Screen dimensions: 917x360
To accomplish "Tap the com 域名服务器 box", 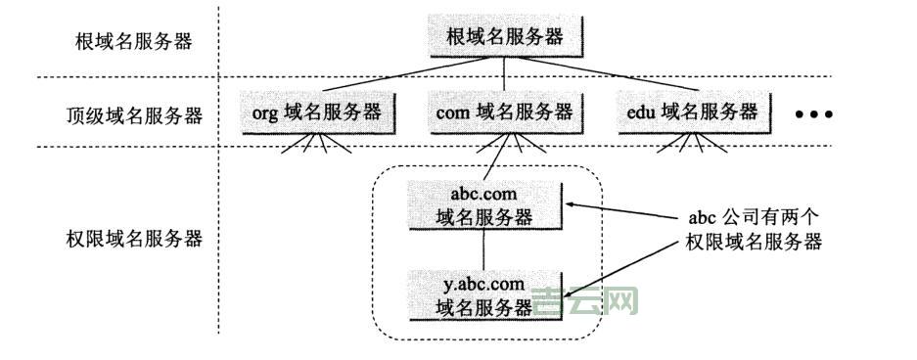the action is (x=503, y=112).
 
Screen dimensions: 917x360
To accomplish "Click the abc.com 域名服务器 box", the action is (x=485, y=204).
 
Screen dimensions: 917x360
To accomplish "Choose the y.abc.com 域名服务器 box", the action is (x=485, y=294).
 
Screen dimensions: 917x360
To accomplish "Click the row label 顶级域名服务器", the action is (x=127, y=115).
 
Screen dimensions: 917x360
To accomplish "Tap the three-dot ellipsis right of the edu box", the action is (x=812, y=114).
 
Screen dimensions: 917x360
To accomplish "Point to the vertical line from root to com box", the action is (x=504, y=74).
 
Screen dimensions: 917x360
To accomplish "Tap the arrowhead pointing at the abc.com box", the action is (x=573, y=204).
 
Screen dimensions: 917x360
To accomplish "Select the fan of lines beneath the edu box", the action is (x=694, y=144).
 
